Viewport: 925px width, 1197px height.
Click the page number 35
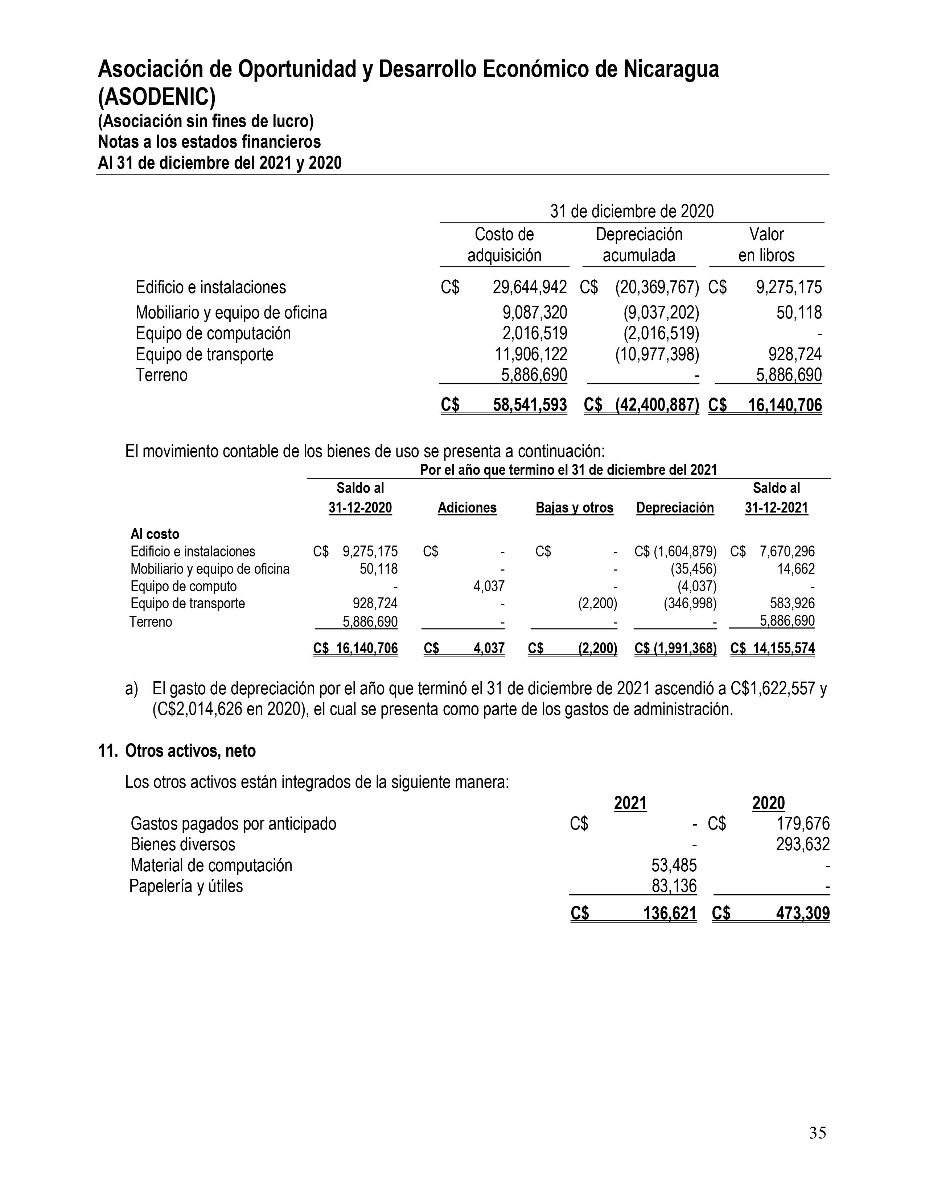click(817, 1133)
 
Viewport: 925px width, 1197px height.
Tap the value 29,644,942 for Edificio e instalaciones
click(529, 287)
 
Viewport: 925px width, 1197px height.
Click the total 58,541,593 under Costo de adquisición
click(529, 405)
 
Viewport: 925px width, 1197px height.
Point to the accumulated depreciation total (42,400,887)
click(657, 405)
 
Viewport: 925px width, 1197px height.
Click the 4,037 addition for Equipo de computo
click(489, 587)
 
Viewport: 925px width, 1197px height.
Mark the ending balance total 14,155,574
click(784, 649)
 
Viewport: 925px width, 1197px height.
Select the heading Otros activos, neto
click(190, 750)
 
